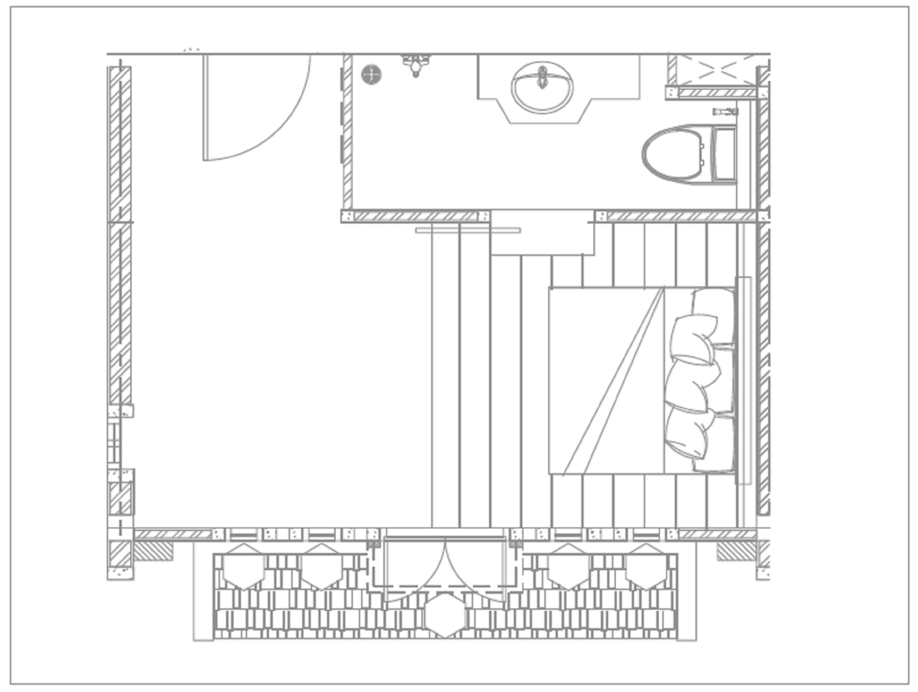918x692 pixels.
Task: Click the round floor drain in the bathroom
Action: coord(371,75)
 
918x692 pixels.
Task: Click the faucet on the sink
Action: coord(542,77)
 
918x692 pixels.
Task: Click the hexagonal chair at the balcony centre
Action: coord(445,615)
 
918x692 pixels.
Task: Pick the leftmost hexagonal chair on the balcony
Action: coord(244,567)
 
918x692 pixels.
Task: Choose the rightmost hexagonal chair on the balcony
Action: coord(646,567)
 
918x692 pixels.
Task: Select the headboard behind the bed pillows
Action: coord(743,380)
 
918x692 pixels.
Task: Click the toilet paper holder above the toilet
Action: coord(725,112)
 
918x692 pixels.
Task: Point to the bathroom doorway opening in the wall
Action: coord(543,216)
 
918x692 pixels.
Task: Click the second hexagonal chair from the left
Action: coord(322,567)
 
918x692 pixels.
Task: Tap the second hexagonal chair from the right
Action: coord(569,567)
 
